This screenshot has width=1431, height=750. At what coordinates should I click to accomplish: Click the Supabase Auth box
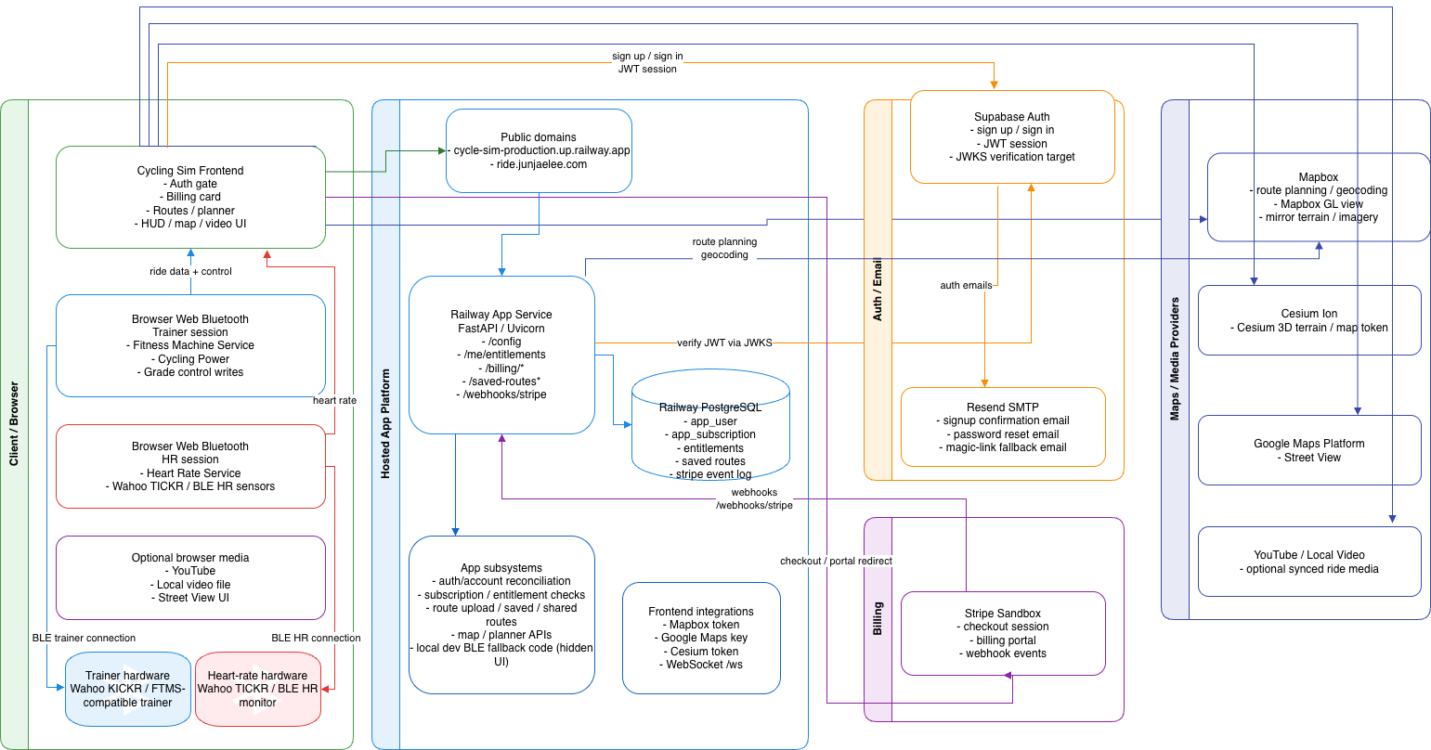click(x=1011, y=136)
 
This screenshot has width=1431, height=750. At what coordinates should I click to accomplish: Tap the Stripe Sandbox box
click(x=1003, y=633)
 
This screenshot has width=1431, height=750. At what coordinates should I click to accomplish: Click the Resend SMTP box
click(x=1003, y=427)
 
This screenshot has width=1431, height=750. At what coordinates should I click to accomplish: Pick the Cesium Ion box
click(x=1309, y=320)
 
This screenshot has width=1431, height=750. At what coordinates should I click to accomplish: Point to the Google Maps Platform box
click(x=1309, y=450)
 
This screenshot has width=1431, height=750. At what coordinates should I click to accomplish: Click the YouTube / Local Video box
click(x=1309, y=562)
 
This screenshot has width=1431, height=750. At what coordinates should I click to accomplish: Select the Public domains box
click(x=539, y=150)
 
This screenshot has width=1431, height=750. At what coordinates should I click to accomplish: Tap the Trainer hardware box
click(x=128, y=689)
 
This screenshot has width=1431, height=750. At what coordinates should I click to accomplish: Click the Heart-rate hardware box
click(x=257, y=689)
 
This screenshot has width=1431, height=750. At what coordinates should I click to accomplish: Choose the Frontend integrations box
click(x=701, y=638)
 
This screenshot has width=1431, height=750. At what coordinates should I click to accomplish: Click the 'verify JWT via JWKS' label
click(x=724, y=343)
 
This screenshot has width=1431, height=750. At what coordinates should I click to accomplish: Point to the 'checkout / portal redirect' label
click(x=836, y=561)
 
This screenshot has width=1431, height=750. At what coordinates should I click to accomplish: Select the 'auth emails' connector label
click(x=966, y=285)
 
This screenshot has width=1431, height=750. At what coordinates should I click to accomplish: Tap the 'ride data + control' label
click(x=190, y=271)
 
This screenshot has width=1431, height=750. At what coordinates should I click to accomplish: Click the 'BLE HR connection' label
click(x=316, y=638)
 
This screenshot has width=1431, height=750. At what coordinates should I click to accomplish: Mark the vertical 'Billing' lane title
click(x=878, y=618)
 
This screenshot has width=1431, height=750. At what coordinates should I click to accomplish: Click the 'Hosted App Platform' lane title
click(x=385, y=424)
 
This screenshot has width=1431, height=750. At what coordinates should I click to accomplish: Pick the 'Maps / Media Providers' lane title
click(x=1175, y=359)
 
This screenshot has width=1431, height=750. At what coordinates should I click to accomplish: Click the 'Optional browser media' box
click(x=190, y=577)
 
